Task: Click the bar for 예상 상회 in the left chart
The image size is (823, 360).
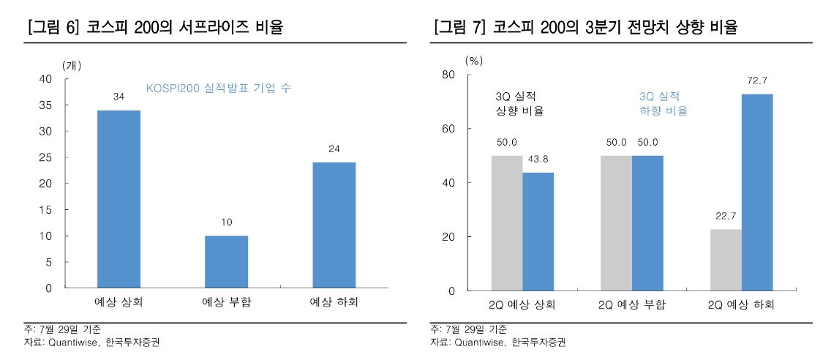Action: click(x=119, y=199)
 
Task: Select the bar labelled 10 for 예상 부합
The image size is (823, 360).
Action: click(x=226, y=261)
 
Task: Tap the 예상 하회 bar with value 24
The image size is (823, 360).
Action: click(x=334, y=225)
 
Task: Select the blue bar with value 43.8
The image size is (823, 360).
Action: click(x=538, y=231)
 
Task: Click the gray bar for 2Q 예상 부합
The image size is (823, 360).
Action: click(x=616, y=223)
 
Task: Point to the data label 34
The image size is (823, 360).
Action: click(x=119, y=97)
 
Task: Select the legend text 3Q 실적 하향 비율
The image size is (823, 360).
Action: click(x=663, y=104)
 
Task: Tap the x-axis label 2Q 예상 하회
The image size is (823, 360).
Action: click(x=741, y=304)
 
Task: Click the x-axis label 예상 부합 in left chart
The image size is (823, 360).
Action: click(x=226, y=301)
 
